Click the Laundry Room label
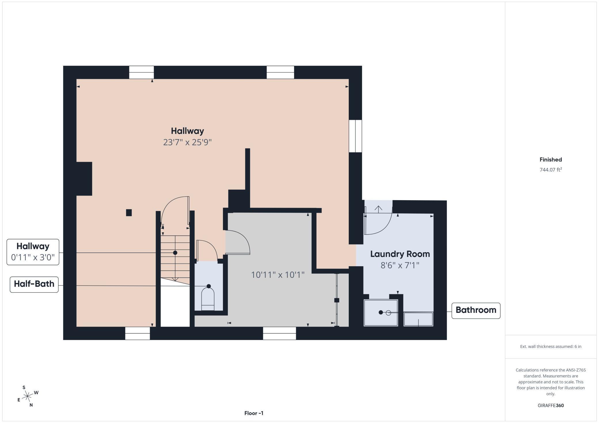[400, 254]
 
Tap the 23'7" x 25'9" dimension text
[187, 142]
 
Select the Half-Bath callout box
[34, 284]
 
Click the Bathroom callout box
[475, 310]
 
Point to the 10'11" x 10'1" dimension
[278, 275]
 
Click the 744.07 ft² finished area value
[550, 170]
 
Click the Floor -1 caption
[254, 413]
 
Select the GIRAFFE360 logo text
[551, 405]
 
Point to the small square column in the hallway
[129, 213]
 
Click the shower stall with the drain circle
[381, 313]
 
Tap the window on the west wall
[355, 136]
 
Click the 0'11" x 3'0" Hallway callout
[33, 252]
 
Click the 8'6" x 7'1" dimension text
[400, 265]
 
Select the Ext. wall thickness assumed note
[550, 347]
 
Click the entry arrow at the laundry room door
[378, 209]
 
